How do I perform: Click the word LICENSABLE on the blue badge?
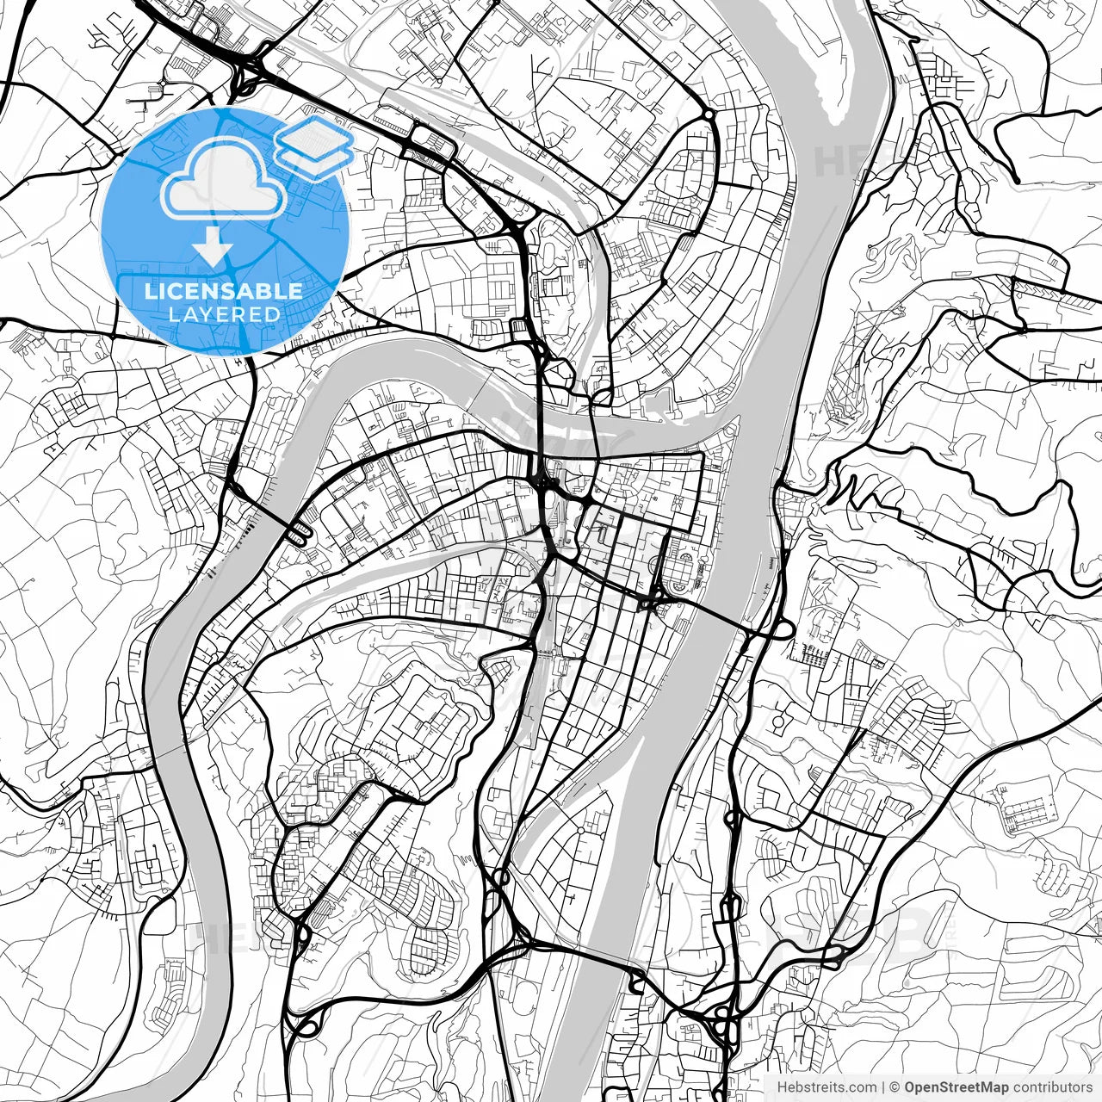coord(224,291)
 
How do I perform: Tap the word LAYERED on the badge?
coord(224,314)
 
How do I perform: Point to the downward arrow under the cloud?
coord(212,248)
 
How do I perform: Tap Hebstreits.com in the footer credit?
coord(827,1087)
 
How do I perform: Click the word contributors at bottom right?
coord(1050,1087)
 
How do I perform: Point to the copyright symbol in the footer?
coord(895,1087)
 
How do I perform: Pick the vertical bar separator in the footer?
coord(884,1087)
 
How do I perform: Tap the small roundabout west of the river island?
coord(708,114)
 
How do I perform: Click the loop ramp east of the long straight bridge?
coord(782,630)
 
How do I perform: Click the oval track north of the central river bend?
coord(548,254)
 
